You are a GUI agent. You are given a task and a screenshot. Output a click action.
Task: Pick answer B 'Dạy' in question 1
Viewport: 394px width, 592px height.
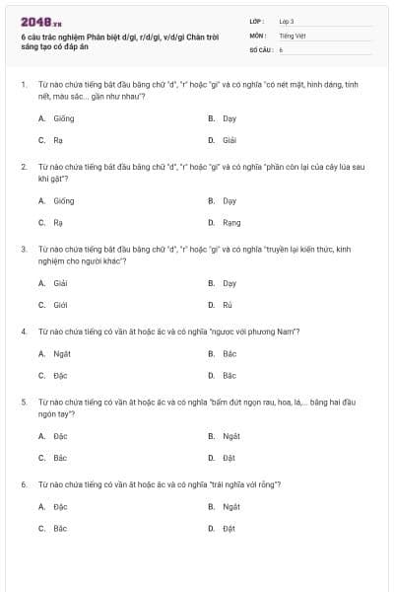click(230, 117)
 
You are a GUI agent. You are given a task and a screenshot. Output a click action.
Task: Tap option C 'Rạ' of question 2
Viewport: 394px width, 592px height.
click(58, 222)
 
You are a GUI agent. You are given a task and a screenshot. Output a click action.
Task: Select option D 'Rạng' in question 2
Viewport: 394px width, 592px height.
click(231, 222)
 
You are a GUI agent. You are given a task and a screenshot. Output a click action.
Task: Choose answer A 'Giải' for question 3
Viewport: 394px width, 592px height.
click(60, 283)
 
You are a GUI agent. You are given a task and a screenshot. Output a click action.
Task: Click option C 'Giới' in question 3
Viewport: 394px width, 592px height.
click(60, 305)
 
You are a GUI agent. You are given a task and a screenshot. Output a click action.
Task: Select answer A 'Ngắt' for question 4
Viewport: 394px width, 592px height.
click(61, 353)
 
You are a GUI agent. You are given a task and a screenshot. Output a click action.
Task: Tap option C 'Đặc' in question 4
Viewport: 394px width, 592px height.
click(60, 375)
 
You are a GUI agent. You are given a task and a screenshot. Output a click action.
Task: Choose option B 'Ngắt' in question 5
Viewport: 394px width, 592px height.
click(231, 435)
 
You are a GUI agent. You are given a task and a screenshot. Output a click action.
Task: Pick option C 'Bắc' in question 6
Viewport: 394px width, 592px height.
click(60, 528)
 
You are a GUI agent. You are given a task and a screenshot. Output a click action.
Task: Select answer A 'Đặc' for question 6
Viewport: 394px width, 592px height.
click(60, 506)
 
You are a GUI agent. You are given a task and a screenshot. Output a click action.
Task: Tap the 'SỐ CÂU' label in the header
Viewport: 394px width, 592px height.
click(260, 48)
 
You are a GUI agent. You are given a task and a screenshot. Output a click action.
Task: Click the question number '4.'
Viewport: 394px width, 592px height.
click(24, 331)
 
